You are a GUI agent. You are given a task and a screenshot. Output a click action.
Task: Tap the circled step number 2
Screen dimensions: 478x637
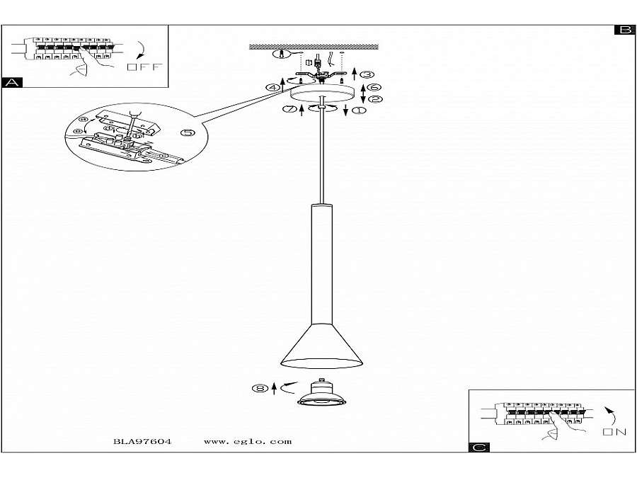point(375,100)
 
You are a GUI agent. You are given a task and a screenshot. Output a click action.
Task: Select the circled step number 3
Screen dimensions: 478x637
point(366,74)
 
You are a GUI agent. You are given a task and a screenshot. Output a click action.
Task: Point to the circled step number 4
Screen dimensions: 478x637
point(271,88)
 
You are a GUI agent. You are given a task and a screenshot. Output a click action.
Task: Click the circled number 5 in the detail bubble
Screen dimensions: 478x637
point(187,133)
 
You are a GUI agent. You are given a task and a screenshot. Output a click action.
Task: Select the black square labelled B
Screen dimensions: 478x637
point(624,30)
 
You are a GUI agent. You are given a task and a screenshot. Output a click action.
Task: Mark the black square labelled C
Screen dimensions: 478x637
point(479,447)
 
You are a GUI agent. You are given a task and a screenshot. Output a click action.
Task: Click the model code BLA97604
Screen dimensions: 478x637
point(142,441)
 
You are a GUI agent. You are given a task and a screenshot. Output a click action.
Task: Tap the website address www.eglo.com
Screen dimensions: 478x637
point(247,441)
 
